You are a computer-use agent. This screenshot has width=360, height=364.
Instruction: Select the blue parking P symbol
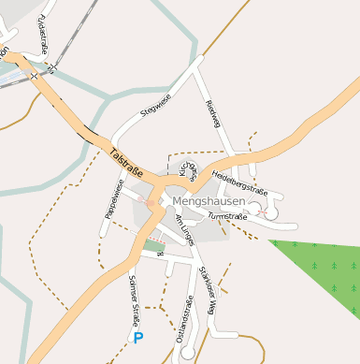(139, 337)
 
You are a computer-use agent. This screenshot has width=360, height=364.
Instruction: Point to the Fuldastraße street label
(42, 33)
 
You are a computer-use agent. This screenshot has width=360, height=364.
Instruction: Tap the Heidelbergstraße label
(239, 182)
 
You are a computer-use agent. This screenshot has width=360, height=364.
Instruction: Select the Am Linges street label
(184, 229)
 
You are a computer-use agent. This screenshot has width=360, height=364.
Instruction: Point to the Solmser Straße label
(135, 295)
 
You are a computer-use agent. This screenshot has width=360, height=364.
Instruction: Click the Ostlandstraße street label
(184, 318)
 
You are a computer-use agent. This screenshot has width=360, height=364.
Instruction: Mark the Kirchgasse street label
(187, 166)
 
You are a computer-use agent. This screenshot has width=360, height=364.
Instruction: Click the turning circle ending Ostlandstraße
(188, 354)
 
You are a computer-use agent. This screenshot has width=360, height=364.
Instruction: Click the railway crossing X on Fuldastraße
(51, 67)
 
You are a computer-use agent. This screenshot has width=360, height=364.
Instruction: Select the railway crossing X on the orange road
(34, 75)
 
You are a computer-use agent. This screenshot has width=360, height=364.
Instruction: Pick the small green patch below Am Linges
(152, 246)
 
